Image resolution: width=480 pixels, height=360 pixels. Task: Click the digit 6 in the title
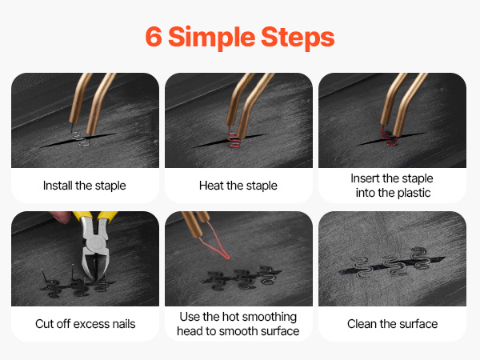pos(154,37)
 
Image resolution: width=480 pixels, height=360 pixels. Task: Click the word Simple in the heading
pos(212,38)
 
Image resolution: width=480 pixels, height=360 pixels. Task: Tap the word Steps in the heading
pos(298,38)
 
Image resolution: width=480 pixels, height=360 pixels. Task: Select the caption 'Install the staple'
pos(85,186)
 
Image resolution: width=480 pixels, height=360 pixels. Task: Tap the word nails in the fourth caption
pos(124,324)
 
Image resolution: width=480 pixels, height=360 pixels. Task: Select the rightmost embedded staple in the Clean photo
pos(420,259)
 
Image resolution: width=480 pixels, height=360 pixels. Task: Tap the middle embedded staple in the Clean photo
pos(393,266)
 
